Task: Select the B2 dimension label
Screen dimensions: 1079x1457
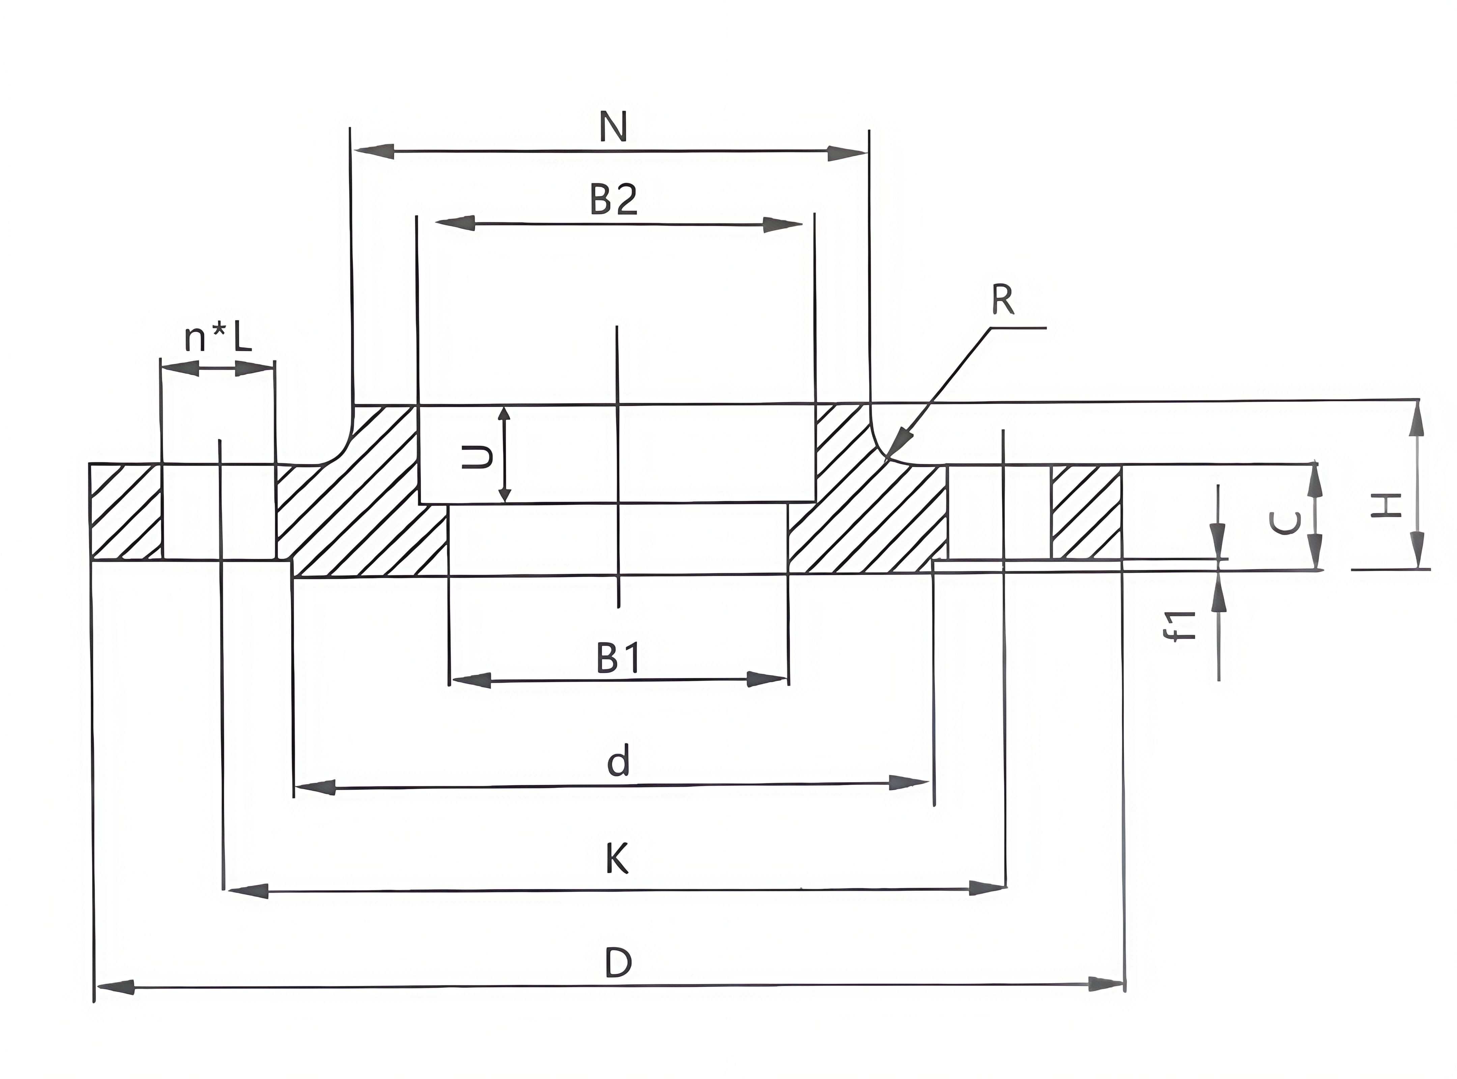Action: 613,200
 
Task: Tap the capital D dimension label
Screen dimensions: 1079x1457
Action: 618,963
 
